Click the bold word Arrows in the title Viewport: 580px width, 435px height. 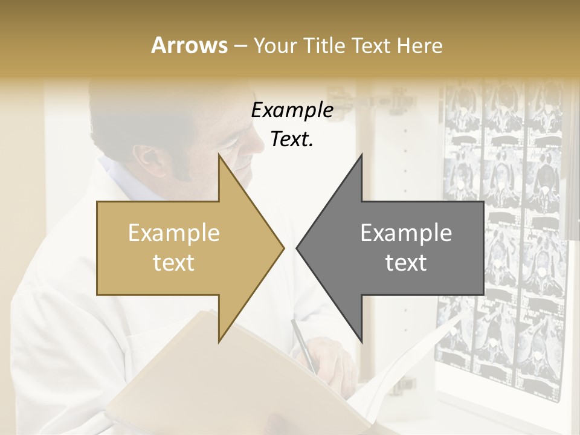point(189,45)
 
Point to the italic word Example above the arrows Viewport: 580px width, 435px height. point(292,111)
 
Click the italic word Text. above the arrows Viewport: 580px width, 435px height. point(292,140)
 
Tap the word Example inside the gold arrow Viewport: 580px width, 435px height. point(174,233)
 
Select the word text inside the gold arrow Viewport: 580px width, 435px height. point(174,263)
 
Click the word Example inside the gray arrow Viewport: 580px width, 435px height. point(406,233)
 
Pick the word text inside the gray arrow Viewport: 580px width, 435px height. point(406,263)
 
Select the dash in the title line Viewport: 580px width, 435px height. point(240,46)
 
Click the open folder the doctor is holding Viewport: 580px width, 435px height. point(181,375)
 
